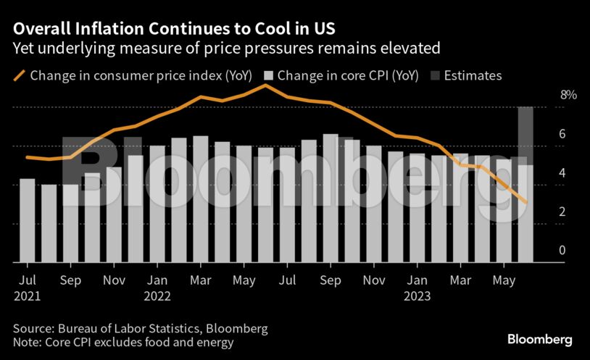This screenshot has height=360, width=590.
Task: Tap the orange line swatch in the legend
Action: pyautogui.click(x=18, y=75)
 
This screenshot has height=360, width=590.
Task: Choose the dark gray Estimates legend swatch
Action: pyautogui.click(x=435, y=75)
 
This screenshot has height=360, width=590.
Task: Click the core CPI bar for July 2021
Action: pyautogui.click(x=27, y=220)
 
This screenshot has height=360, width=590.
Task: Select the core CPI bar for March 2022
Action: pyautogui.click(x=201, y=199)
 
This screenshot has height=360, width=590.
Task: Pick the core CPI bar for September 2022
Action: pyautogui.click(x=331, y=198)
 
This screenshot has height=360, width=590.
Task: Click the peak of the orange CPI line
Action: pyautogui.click(x=266, y=85)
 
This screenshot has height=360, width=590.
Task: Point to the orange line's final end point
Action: pyautogui.click(x=526, y=203)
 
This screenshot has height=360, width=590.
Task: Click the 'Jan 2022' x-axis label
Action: pyautogui.click(x=157, y=288)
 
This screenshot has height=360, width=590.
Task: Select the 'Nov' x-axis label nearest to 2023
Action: pyautogui.click(x=374, y=280)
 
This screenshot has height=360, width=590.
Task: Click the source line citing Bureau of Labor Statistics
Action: pyautogui.click(x=140, y=329)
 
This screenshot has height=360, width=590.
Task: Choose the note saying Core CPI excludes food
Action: pyautogui.click(x=123, y=343)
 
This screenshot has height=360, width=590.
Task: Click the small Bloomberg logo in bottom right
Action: pyautogui.click(x=539, y=339)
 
